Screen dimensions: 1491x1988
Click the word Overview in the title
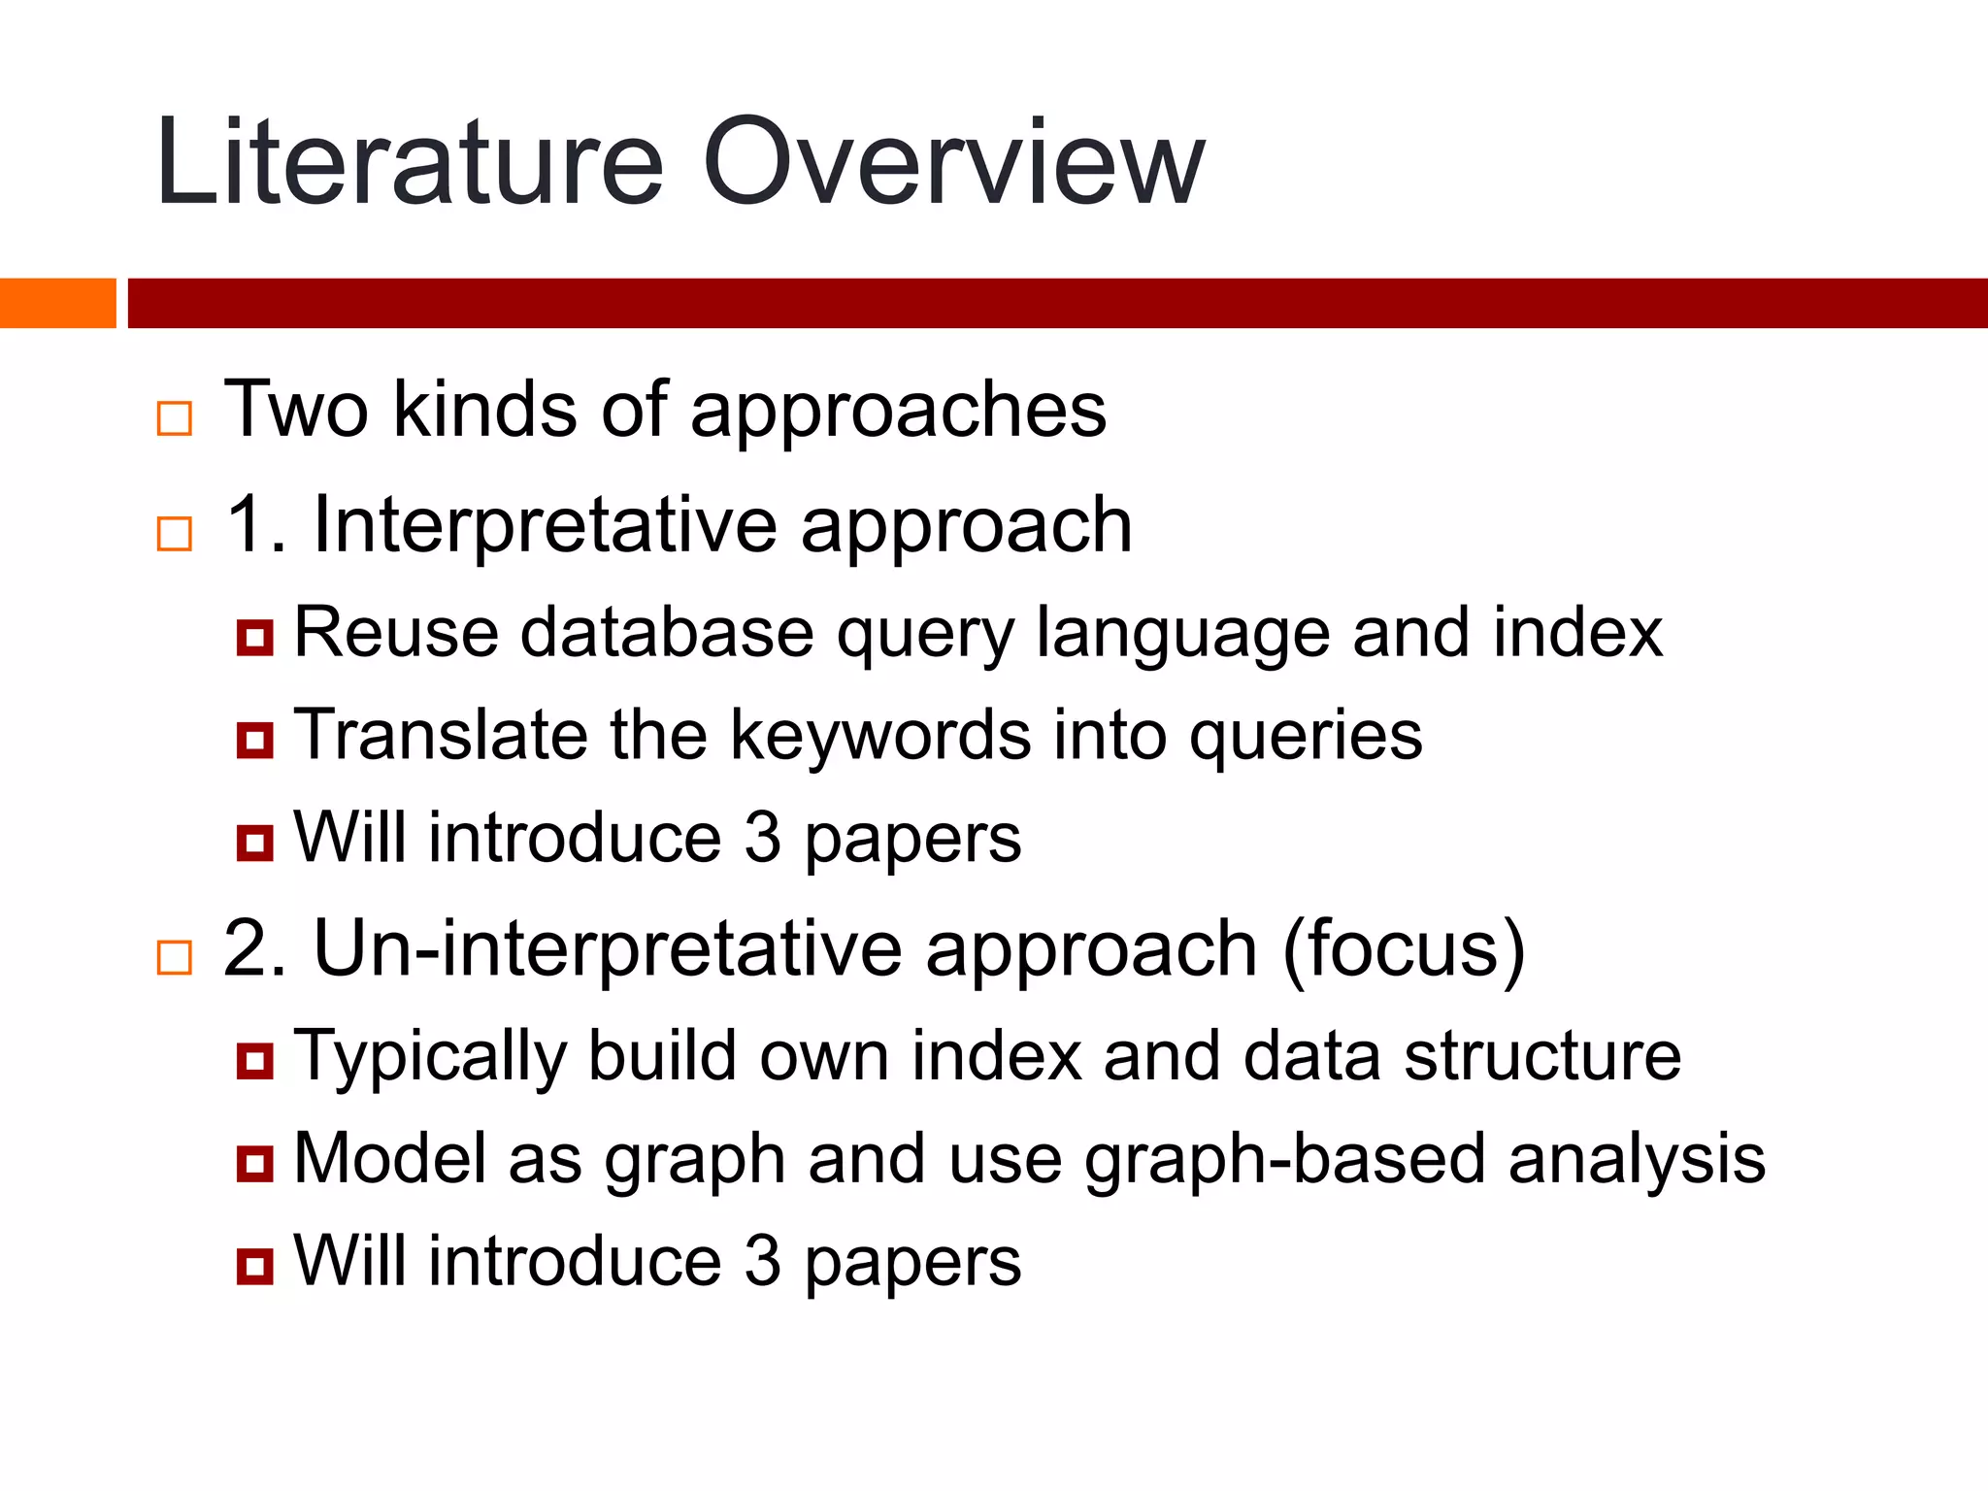[953, 163]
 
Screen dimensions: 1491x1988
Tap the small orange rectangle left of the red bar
[57, 303]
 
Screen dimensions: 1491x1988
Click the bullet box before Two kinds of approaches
[175, 418]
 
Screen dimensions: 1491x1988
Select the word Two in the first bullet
[296, 410]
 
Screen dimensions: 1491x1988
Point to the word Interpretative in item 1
[544, 525]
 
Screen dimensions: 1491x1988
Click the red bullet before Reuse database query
[254, 638]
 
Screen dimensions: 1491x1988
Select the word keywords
[880, 735]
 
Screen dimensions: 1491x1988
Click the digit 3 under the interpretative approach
[763, 838]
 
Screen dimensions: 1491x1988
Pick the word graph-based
[1284, 1160]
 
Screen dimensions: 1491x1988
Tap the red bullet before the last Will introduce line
[254, 1266]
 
